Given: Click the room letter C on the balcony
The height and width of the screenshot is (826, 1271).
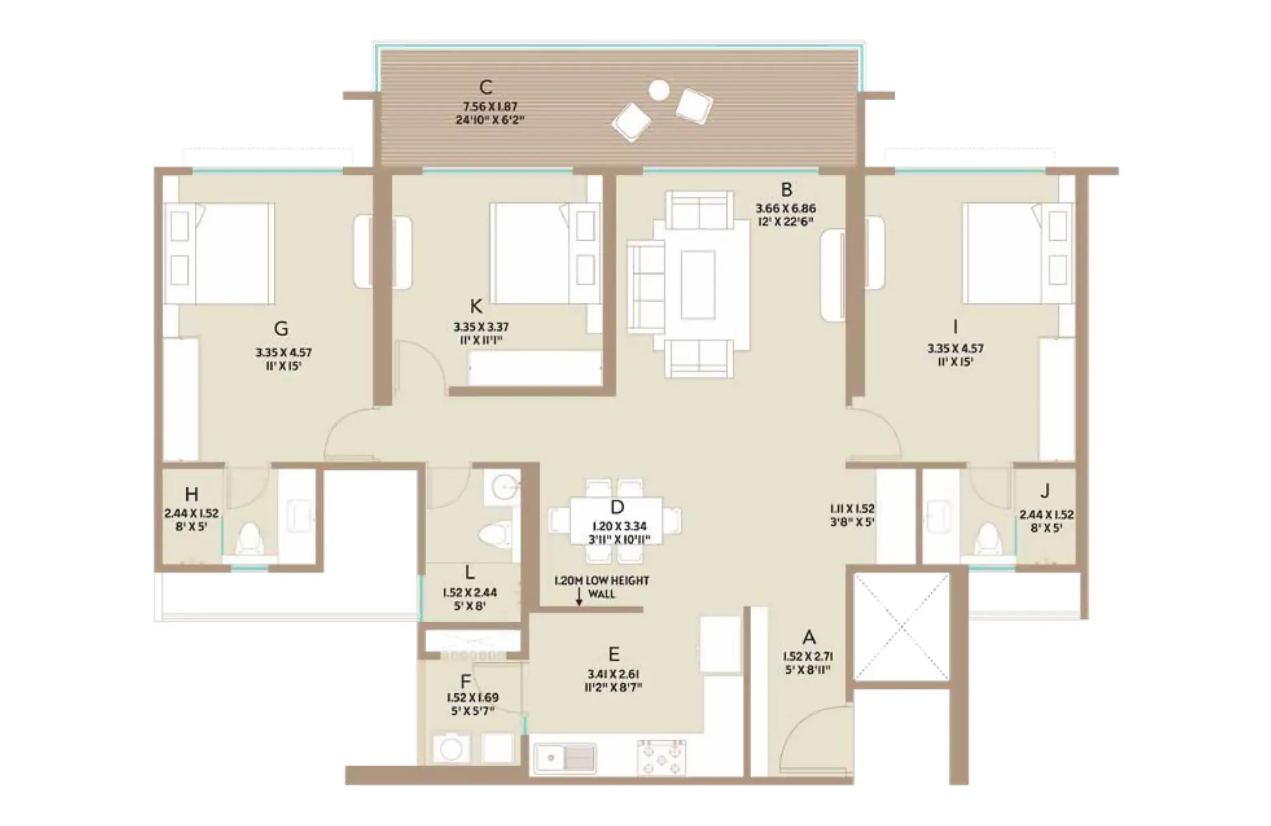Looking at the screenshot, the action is tap(486, 86).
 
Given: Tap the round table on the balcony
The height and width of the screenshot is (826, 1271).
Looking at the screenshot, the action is tap(659, 91).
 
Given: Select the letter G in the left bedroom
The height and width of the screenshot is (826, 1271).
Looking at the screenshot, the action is tap(281, 328).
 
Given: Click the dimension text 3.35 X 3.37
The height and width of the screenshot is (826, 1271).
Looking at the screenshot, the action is tap(481, 327).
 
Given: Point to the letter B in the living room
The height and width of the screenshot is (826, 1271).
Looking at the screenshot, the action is tap(786, 189).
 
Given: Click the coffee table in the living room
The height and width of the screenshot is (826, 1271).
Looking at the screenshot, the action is tap(698, 284).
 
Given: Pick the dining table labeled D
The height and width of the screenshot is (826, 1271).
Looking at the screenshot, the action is tap(616, 521).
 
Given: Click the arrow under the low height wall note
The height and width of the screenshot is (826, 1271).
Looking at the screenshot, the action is tap(579, 596).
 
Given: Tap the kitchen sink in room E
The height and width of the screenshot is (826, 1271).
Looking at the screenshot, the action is tap(565, 758).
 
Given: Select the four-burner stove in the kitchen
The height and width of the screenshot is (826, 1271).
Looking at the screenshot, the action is tap(662, 757).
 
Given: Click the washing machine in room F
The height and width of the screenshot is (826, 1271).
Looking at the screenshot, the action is tap(451, 749).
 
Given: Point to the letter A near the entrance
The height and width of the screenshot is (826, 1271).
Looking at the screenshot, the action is tap(808, 637).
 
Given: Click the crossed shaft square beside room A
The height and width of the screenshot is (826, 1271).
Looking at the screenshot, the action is tap(901, 626).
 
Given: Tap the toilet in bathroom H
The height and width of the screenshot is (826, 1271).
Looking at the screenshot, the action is tap(249, 538).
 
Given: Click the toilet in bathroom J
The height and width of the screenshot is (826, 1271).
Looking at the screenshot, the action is tap(988, 539).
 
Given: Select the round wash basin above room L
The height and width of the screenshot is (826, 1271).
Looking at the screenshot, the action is tap(506, 488).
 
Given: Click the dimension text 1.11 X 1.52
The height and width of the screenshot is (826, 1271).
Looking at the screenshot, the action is tap(852, 509).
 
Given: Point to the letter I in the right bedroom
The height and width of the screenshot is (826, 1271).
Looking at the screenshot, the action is tap(955, 327).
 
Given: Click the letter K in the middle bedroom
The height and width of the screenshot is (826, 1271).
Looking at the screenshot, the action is tap(475, 307).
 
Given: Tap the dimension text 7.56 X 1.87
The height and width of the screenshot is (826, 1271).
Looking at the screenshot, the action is tap(489, 106).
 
